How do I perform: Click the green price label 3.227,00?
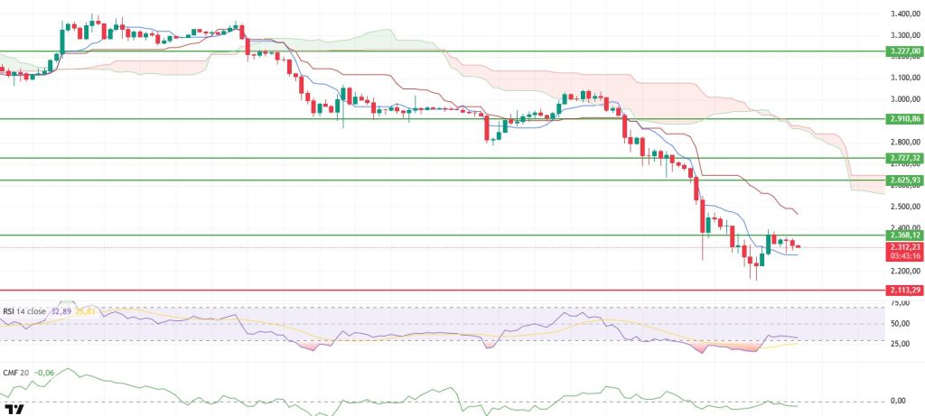(904, 52)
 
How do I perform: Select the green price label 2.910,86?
(904, 119)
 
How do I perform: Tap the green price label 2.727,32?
(904, 158)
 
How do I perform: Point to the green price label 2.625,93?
(904, 180)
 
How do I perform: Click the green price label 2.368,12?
(904, 235)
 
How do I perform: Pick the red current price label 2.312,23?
(904, 246)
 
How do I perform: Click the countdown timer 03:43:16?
(904, 255)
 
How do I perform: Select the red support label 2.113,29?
(904, 291)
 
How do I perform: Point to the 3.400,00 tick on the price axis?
(904, 14)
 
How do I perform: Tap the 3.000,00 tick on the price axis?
(904, 99)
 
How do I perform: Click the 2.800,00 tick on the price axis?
(904, 143)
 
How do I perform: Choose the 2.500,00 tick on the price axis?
(904, 207)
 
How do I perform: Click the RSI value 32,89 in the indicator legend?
(61, 311)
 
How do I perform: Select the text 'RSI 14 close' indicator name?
(25, 311)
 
